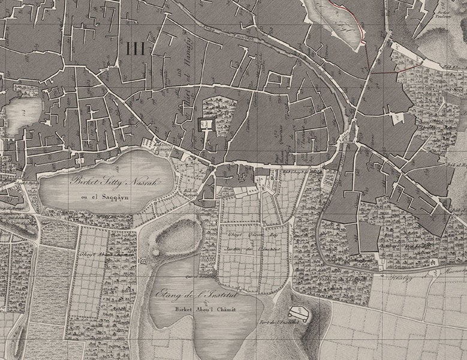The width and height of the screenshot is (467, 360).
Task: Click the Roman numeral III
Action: (x=136, y=49)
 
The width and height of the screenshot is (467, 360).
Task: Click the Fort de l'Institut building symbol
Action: (x=298, y=313)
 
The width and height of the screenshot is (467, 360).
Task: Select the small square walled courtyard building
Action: (x=206, y=124)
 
